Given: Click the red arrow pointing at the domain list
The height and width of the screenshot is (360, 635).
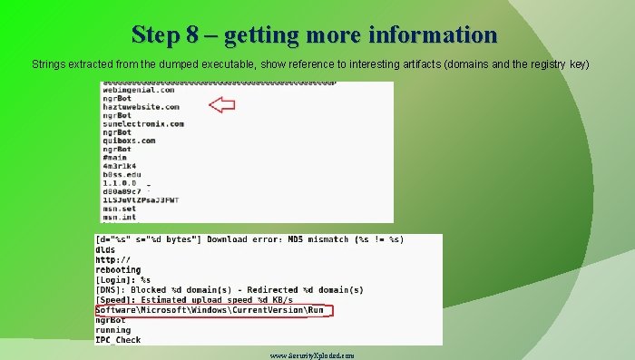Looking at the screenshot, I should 222,105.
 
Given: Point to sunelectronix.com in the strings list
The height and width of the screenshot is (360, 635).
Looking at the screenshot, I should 142,124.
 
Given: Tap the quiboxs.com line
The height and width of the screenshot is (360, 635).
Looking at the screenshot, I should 128,141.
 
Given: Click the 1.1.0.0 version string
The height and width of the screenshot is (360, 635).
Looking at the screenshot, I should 119,183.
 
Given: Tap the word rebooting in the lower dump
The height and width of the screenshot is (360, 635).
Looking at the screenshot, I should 118,269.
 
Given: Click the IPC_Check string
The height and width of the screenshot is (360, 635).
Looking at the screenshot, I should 118,340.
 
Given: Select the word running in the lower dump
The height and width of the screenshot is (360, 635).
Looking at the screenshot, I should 113,330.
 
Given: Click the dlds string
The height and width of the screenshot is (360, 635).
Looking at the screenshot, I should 105,249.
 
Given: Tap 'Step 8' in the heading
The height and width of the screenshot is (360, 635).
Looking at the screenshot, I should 164,35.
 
